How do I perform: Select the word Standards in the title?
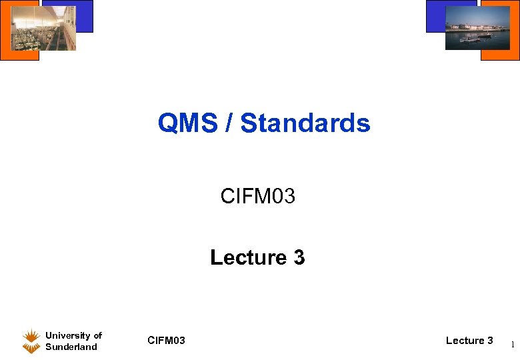point(305,123)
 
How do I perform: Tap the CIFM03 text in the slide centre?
point(257,197)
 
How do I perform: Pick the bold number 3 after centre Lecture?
point(299,257)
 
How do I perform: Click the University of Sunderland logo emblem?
point(31,341)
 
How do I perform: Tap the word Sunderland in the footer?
point(71,347)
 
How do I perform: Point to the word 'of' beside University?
point(97,335)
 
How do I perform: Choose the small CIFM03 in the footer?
point(166,341)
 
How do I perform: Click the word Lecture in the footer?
point(465,341)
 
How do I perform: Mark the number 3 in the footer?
point(490,341)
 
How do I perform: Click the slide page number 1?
point(511,345)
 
